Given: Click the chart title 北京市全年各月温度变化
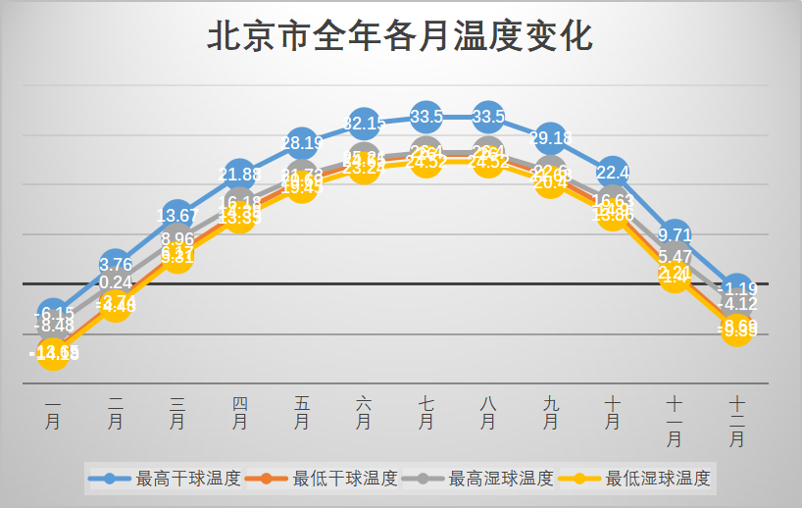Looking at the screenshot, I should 400,36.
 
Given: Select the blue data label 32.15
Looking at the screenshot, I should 364,124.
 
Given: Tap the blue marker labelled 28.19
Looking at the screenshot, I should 302,143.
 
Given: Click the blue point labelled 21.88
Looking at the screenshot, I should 240,175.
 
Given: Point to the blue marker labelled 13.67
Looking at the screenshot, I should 177,216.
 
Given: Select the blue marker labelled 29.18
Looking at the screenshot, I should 550,138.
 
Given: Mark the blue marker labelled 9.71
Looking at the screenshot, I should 675,235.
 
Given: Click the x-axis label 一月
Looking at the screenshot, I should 54,412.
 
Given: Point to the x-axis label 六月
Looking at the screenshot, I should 364,412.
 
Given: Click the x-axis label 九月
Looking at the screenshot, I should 550,412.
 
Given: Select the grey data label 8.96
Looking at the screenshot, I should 177,239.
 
